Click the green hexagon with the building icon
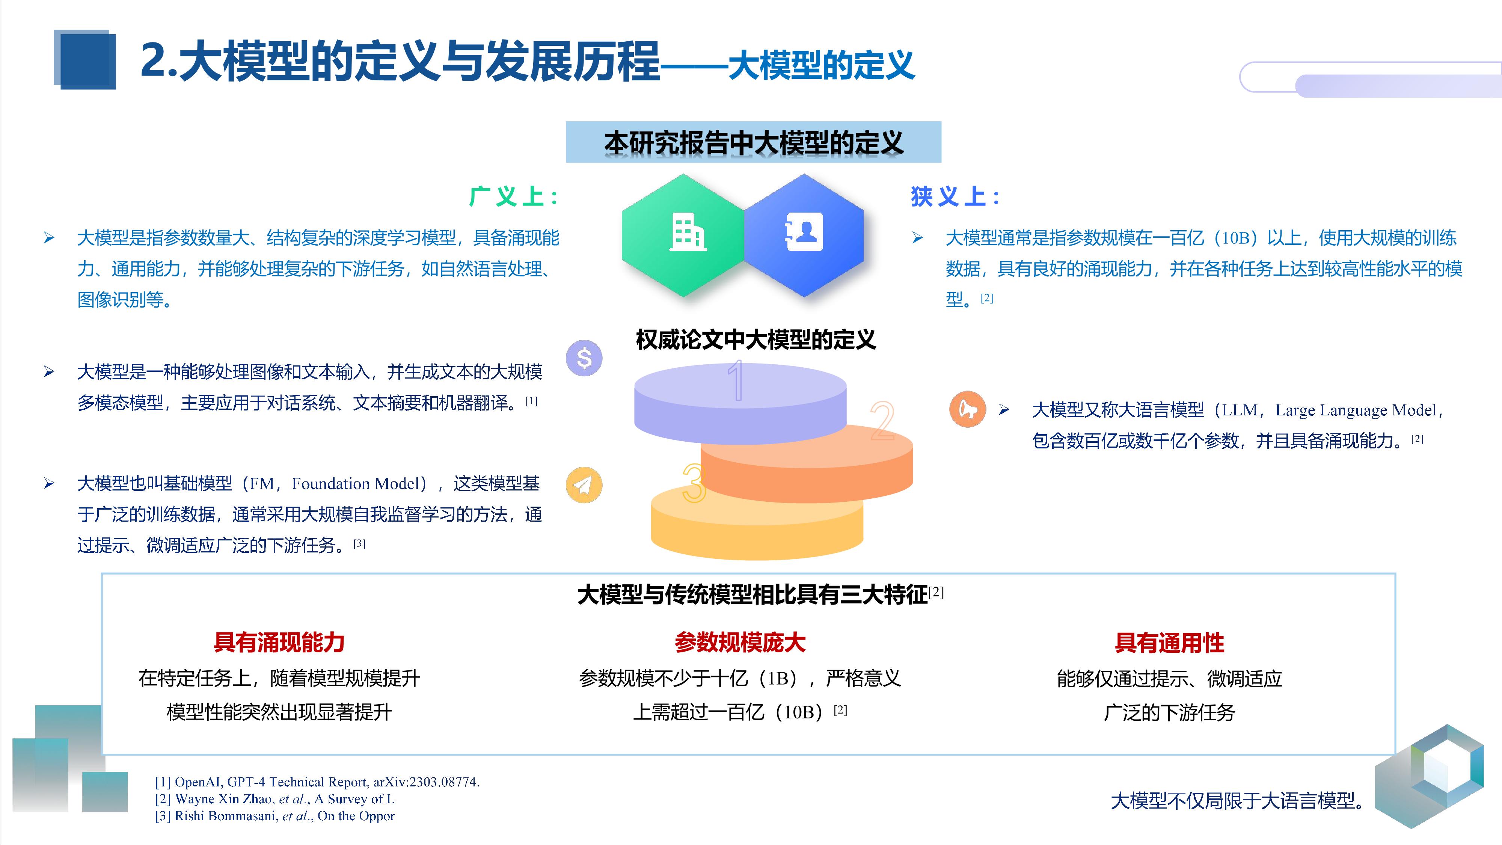click(683, 235)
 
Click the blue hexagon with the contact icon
click(805, 235)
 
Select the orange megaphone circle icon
click(967, 409)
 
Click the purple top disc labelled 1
click(740, 402)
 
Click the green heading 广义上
click(513, 196)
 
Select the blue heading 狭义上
click(955, 196)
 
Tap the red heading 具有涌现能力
click(279, 643)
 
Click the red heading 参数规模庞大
click(740, 643)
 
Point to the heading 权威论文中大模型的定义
click(756, 340)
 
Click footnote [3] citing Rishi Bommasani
click(274, 816)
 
